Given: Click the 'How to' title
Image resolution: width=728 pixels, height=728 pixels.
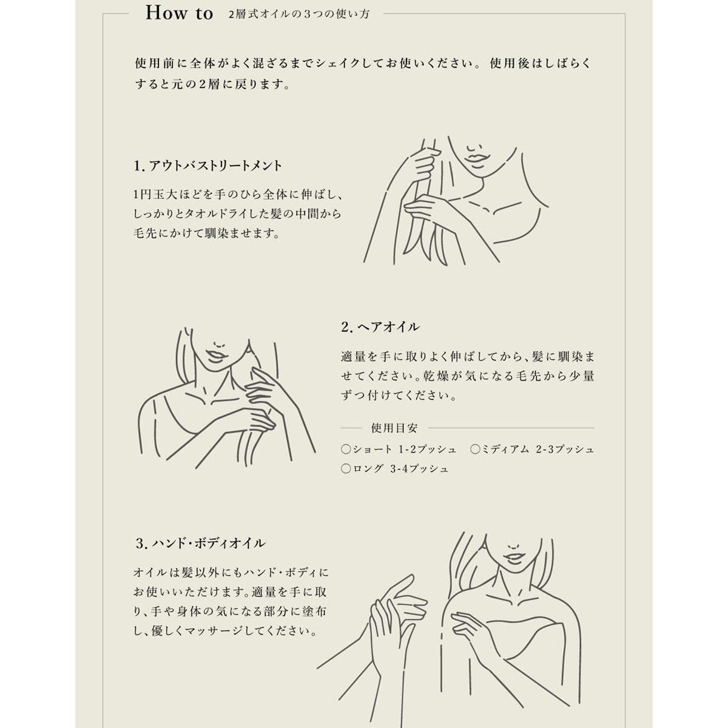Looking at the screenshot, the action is pos(179,13).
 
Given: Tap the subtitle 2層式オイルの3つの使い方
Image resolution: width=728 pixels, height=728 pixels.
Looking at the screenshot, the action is pos(299,15).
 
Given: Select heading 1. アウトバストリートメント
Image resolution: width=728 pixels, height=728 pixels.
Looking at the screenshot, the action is pos(208,166).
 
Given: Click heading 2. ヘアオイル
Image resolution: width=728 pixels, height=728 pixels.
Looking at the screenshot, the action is pos(380,326).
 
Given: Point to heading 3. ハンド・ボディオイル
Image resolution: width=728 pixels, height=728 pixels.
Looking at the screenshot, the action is pos(201,543).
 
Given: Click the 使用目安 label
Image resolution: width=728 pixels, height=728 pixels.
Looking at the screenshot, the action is pos(394,428).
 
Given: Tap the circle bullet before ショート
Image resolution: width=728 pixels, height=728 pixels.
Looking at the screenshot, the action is pos(346,449).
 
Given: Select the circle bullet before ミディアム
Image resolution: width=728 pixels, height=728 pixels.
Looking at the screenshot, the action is pos(475,449).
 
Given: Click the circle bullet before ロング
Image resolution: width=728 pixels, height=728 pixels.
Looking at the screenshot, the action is pos(346,469).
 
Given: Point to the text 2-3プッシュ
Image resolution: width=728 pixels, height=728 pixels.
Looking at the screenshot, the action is pos(565,449).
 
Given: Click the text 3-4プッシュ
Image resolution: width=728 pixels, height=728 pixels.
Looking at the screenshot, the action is pos(419,469).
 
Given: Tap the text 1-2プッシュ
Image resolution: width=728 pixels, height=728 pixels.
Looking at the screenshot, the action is pos(428,449).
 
